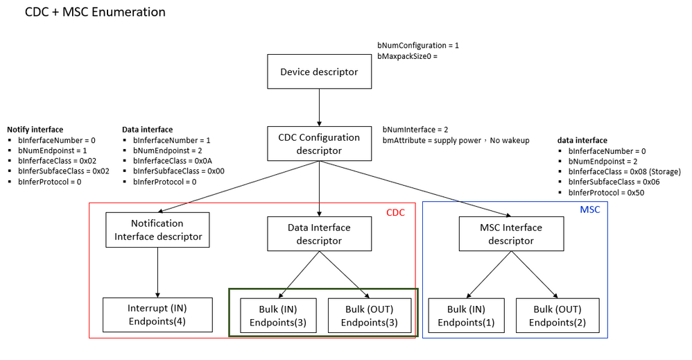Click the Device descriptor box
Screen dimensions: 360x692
click(x=318, y=72)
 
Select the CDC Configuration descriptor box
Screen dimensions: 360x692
click(x=318, y=143)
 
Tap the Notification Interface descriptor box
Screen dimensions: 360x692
click(x=157, y=230)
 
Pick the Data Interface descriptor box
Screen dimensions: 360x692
click(x=319, y=234)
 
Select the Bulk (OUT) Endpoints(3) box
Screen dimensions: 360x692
click(x=369, y=314)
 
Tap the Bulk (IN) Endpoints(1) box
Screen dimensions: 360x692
click(x=466, y=314)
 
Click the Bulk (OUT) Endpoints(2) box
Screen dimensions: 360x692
click(x=557, y=314)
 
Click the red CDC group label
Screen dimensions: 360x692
click(x=395, y=212)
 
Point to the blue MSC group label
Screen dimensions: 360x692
click(x=590, y=209)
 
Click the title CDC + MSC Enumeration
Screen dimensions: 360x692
click(x=95, y=12)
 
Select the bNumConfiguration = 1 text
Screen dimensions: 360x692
click(x=418, y=45)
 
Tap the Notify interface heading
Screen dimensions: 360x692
click(x=35, y=129)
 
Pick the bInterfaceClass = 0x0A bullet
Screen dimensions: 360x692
click(x=173, y=160)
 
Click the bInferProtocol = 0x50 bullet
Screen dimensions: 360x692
click(x=607, y=193)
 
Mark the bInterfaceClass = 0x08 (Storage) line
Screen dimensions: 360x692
click(x=624, y=171)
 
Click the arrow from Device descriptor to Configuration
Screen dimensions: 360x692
click(x=318, y=108)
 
